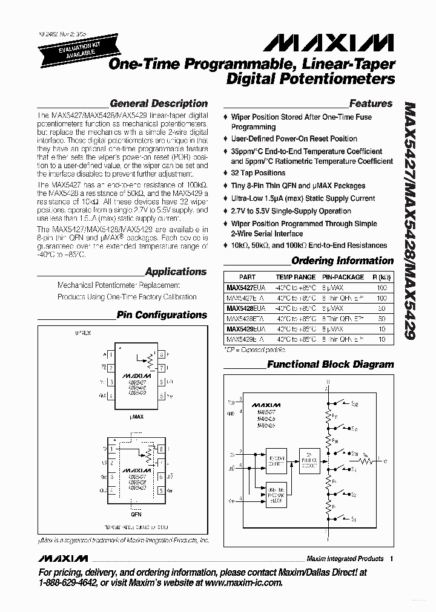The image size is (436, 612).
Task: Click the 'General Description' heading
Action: [x=159, y=103]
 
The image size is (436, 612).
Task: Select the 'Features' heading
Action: [x=371, y=103]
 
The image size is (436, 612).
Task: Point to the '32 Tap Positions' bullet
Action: [x=258, y=173]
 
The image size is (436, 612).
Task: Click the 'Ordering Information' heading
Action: [x=342, y=261]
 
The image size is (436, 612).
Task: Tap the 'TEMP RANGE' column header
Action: [x=296, y=276]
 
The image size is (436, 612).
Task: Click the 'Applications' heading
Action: [x=176, y=272]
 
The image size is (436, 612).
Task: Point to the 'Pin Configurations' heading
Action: [x=162, y=315]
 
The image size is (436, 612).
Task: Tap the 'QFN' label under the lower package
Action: [x=136, y=516]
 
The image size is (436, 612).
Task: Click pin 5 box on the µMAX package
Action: [x=162, y=397]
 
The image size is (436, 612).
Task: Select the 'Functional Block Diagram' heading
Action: [x=330, y=365]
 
